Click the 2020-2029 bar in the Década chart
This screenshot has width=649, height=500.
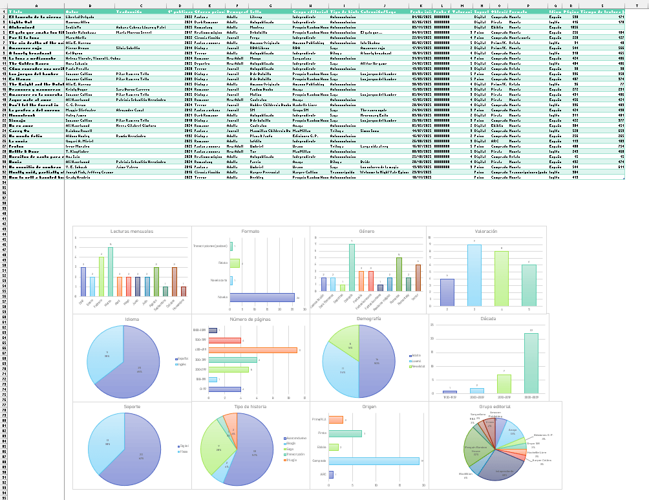point(531,364)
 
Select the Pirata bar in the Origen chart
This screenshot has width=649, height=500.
point(345,433)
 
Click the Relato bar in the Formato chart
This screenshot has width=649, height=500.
point(235,263)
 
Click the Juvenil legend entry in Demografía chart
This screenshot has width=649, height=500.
point(416,360)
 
